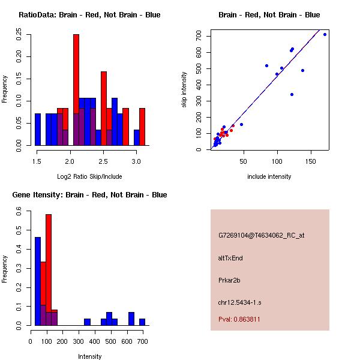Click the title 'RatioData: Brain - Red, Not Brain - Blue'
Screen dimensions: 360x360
[x=89, y=15]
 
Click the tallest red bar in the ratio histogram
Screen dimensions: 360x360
[x=76, y=90]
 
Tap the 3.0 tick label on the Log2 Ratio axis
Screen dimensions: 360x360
[x=137, y=161]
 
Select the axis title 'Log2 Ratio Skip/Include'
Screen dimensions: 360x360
[x=89, y=176]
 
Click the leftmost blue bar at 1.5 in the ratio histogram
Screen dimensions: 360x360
[x=38, y=129]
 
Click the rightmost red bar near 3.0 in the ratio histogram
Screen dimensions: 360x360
[x=142, y=127]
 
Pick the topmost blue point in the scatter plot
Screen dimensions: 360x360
[x=325, y=34]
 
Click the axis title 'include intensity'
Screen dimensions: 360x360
[x=269, y=176]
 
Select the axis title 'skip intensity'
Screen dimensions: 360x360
[x=184, y=90]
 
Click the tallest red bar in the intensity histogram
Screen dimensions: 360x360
[x=49, y=270]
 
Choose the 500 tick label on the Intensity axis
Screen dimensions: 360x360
[x=110, y=342]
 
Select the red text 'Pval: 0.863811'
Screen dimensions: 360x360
[x=239, y=320]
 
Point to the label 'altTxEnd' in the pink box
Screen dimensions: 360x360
[x=230, y=258]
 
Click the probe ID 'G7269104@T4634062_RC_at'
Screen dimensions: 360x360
[x=261, y=236]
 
